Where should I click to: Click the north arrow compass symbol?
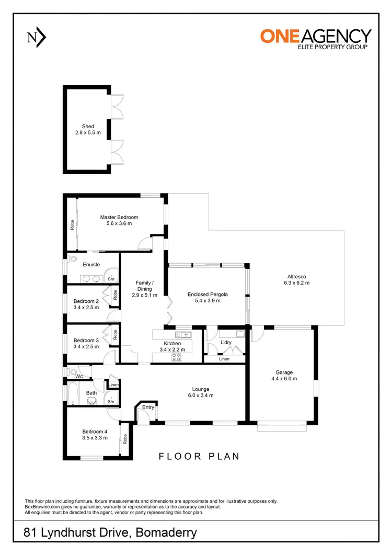pos(36,37)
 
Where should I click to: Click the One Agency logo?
pos(316,38)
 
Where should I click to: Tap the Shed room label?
pos(88,126)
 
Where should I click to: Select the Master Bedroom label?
pos(119,217)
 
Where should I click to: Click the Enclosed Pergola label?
pos(207,295)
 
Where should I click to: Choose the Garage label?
pos(284,372)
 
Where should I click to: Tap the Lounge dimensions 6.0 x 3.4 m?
pos(200,395)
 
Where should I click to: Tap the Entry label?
pos(148,407)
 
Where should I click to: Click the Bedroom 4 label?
pos(95,432)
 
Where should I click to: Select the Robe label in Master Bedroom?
pos(72,224)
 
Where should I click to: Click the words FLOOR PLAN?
pos(199,456)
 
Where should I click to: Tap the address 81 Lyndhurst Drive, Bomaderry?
pos(110,533)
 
